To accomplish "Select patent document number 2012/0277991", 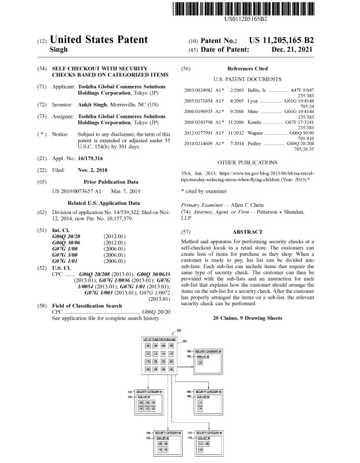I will pyautogui.click(x=199, y=132).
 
